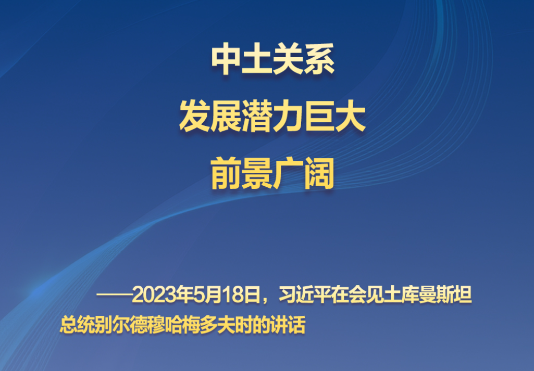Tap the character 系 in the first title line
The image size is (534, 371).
(x=319, y=59)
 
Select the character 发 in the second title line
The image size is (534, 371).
(x=195, y=117)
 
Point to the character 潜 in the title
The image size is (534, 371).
(x=257, y=117)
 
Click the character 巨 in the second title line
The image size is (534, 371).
(x=319, y=117)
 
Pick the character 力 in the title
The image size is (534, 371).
(x=288, y=117)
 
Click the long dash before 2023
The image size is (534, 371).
(x=114, y=295)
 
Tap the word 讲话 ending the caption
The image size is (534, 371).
(x=288, y=325)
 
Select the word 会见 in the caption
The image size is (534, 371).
(x=365, y=295)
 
